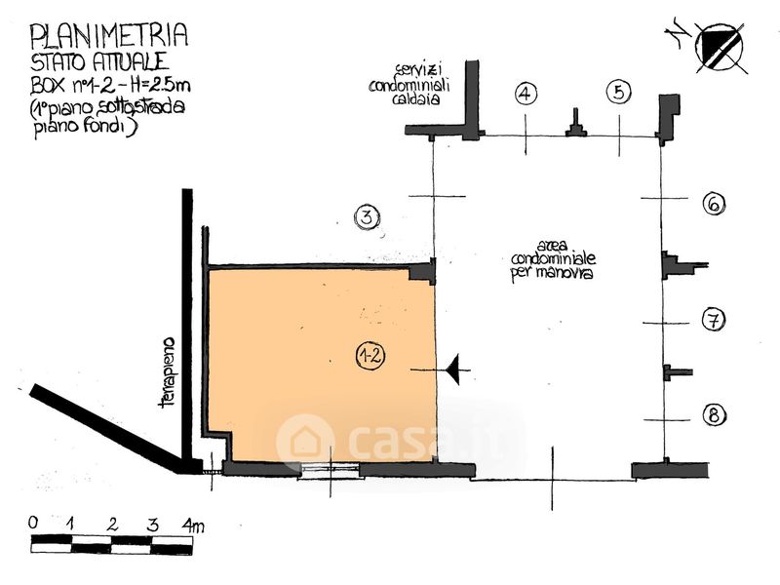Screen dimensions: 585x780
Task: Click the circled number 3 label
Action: coord(366,217)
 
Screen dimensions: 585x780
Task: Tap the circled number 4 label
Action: coord(526,94)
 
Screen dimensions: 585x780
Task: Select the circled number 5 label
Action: coord(619,93)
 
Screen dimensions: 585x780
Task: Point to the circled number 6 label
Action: coord(714,204)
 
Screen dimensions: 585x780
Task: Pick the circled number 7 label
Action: coord(714,319)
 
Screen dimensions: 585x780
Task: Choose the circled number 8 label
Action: coord(714,415)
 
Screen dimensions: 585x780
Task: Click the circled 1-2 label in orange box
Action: coord(370,356)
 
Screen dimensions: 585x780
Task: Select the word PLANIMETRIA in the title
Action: coord(109,37)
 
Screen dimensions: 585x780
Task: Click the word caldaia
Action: coord(418,99)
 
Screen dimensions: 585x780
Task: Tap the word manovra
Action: coord(566,275)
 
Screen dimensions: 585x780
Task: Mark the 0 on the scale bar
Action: coord(34,524)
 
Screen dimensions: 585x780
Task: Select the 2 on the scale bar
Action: coord(113,524)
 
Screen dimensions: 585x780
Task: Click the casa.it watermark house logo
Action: coord(305,442)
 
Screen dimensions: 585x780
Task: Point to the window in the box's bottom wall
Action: coord(329,470)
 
